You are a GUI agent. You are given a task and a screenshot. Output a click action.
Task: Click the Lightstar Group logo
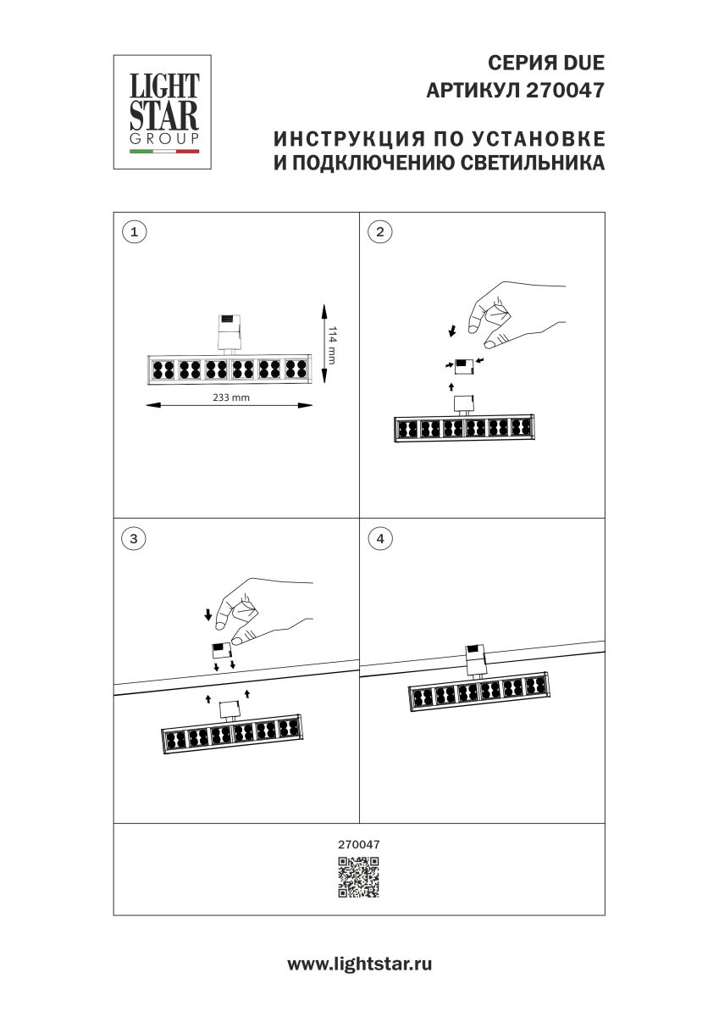163,112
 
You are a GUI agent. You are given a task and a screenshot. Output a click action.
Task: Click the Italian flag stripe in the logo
163,152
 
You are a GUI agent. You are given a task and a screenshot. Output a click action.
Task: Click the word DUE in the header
582,64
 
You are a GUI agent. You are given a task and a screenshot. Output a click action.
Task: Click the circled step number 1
134,231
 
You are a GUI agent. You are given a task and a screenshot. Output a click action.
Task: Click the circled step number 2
380,231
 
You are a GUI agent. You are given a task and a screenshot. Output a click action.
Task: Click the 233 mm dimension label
230,397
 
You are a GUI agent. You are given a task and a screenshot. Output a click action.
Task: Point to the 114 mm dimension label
332,346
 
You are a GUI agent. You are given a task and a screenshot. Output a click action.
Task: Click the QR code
359,877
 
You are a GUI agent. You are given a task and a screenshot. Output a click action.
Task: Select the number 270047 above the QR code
359,844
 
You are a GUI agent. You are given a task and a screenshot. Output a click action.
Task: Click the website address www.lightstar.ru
359,964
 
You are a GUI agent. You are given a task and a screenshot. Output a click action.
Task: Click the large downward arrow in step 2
452,330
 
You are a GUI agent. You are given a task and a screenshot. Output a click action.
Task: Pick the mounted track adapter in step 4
475,659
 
